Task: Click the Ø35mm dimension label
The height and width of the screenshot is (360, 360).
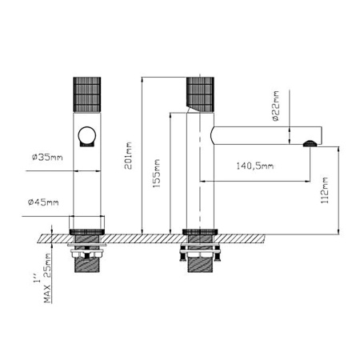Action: (45, 156)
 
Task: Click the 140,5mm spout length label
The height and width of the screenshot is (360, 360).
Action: (255, 166)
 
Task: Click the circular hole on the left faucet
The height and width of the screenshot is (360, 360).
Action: (86, 137)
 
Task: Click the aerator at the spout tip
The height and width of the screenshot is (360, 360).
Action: (310, 144)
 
